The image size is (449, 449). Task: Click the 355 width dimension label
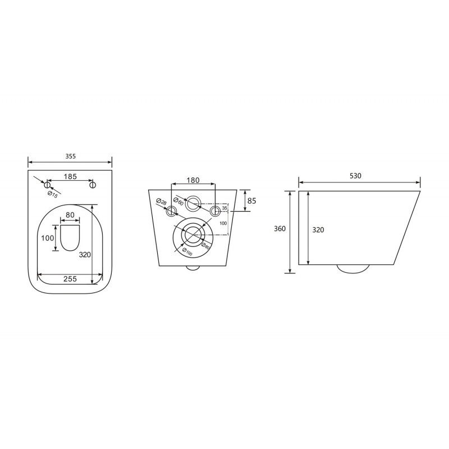[71, 157]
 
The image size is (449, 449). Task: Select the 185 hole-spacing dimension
[70, 177]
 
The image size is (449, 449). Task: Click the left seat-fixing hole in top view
[47, 185]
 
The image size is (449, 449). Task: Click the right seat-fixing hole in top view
[92, 185]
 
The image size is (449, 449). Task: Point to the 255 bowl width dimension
[70, 278]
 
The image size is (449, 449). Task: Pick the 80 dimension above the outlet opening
[70, 215]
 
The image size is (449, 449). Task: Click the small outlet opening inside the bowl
[70, 238]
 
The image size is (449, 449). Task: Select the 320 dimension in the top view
[85, 254]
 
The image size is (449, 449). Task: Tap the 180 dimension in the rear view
[193, 180]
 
